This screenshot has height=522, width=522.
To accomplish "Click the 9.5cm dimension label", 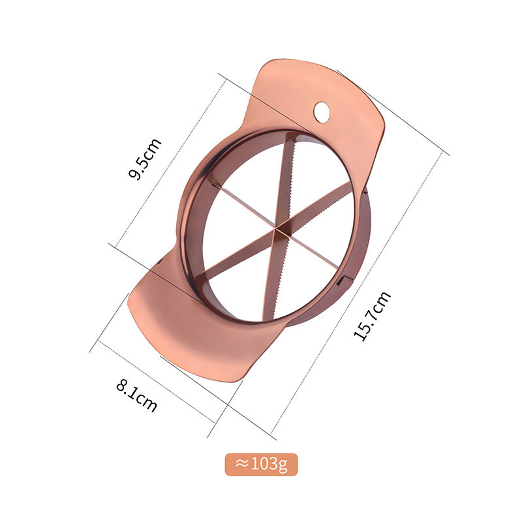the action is click(x=146, y=159).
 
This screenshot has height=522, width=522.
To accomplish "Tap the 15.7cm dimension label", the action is click(x=372, y=316).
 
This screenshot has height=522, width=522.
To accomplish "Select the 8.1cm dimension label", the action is click(x=136, y=396).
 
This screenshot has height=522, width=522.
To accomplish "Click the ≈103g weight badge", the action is click(x=262, y=464).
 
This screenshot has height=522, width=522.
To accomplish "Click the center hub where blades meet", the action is click(x=276, y=228).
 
